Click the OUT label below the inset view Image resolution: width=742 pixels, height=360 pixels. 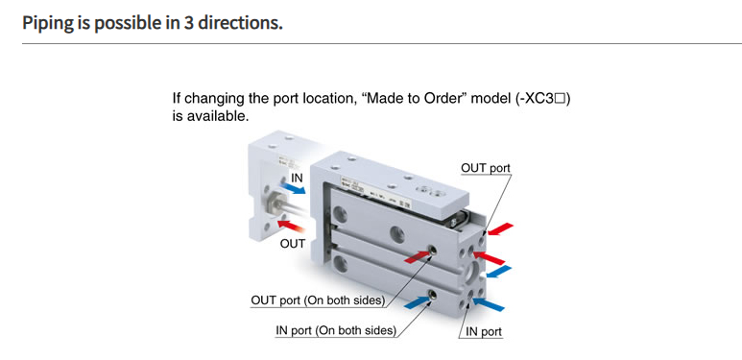(x=293, y=243)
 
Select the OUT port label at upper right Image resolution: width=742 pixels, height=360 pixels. (x=486, y=168)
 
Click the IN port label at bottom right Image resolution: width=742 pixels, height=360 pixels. (x=483, y=331)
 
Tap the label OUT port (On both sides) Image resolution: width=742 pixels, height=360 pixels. (x=318, y=300)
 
